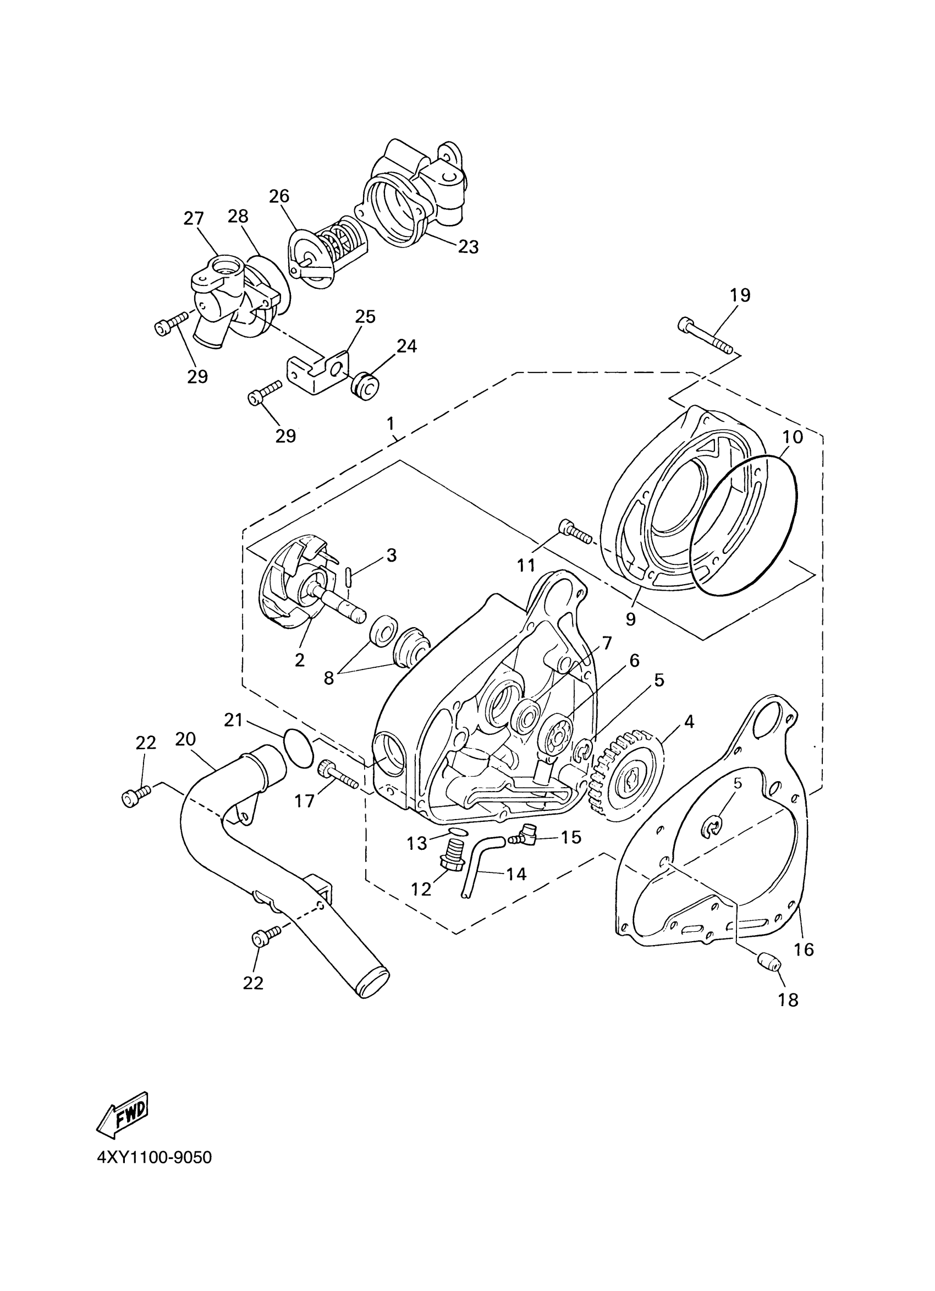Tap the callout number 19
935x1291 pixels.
(x=740, y=295)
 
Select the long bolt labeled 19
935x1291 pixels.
(x=705, y=336)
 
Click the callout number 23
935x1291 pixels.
(x=469, y=246)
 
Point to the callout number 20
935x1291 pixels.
(x=185, y=739)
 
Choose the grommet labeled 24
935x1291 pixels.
(x=367, y=388)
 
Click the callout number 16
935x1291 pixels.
(x=805, y=949)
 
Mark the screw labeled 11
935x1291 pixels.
(x=576, y=533)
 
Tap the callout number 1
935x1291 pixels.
(x=391, y=424)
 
